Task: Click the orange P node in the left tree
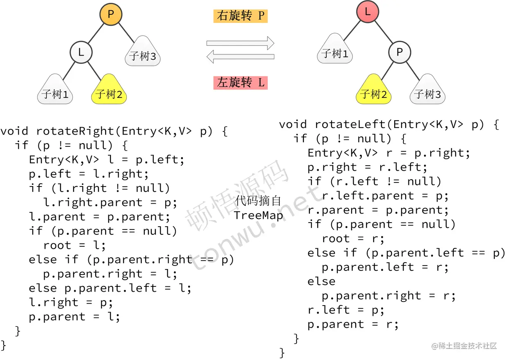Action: point(111,14)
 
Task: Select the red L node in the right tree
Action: point(368,11)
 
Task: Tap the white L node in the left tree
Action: point(81,52)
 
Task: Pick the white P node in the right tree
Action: point(399,52)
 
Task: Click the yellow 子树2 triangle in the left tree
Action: point(109,90)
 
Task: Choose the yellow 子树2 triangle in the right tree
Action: point(373,90)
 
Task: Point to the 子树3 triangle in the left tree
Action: point(143,52)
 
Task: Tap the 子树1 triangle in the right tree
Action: point(334,49)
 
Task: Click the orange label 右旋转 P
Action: point(240,16)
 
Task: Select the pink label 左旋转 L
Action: point(240,83)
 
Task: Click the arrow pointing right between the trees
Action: point(240,43)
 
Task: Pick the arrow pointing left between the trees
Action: point(240,56)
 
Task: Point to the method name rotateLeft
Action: point(350,124)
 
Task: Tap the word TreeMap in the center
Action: point(258,215)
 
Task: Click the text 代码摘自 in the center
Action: point(258,201)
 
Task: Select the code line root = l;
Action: point(74,245)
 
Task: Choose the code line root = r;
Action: point(353,239)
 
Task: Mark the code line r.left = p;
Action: point(346,310)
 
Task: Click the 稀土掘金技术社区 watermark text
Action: point(464,346)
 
